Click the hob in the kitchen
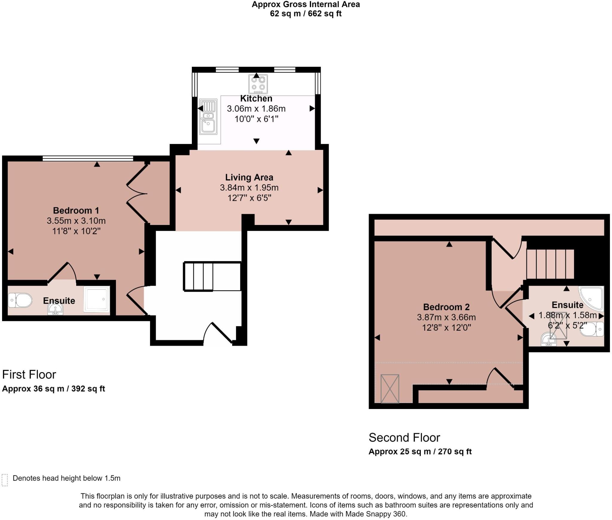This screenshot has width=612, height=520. [258, 84]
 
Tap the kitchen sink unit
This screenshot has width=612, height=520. [208, 117]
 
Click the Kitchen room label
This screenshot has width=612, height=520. [256, 98]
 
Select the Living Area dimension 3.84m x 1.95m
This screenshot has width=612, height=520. [249, 188]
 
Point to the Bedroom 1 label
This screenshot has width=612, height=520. [76, 210]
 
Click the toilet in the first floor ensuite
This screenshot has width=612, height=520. [20, 300]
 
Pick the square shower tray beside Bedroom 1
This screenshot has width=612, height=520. [97, 299]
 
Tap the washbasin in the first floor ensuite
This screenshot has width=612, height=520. [55, 309]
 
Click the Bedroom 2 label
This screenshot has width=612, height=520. [446, 307]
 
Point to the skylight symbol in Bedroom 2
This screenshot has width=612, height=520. [390, 389]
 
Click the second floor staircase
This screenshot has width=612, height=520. [550, 264]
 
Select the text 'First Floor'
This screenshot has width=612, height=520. [29, 375]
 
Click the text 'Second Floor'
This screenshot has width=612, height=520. [404, 438]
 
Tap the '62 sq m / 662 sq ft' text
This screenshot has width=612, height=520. [305, 14]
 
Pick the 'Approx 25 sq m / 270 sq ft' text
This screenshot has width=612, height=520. [420, 452]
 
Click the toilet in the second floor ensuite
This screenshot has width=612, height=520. [593, 329]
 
